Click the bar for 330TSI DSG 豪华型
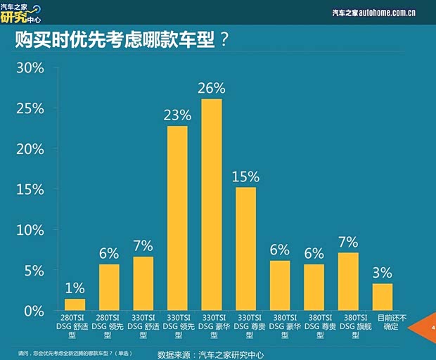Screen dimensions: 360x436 [211, 205]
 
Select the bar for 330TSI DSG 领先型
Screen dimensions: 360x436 [177, 218]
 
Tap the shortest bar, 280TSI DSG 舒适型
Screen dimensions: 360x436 [75, 304]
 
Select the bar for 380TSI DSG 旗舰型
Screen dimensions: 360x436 [348, 281]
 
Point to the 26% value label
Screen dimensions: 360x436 [212, 89]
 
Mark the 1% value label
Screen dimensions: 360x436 [75, 288]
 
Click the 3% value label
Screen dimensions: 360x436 [383, 273]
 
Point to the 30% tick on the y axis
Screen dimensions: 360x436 [30, 68]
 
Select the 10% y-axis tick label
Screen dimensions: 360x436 [30, 230]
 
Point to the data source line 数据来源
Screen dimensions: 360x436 [210, 354]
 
